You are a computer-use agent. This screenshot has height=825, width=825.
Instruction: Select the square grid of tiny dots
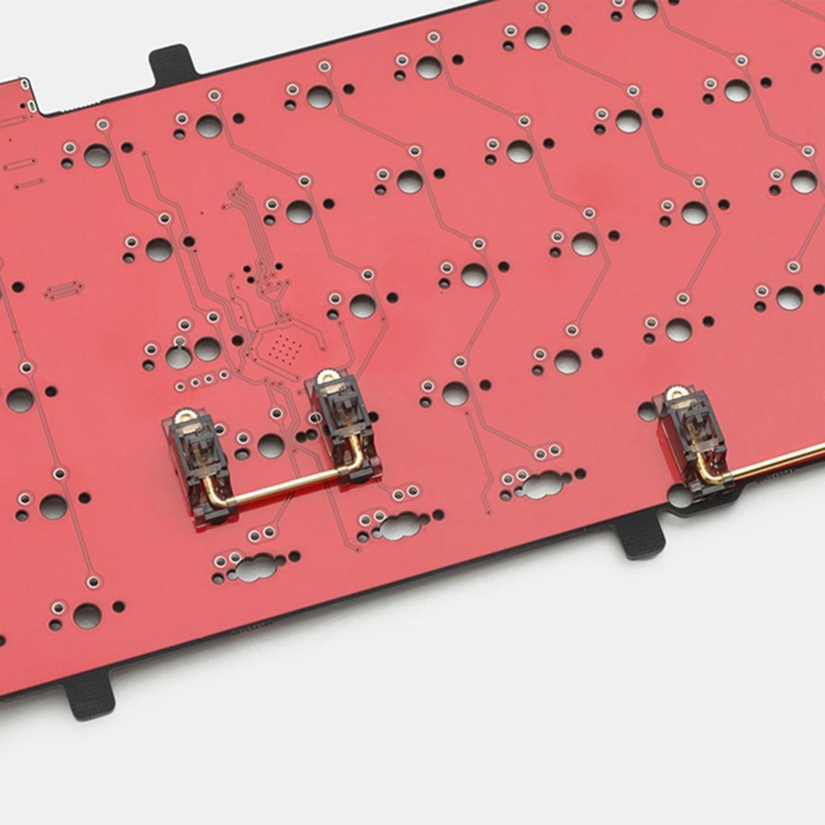[286, 345]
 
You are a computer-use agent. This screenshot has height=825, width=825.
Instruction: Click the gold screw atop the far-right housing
[677, 393]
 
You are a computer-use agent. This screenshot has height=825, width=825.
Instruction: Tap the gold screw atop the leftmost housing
[186, 416]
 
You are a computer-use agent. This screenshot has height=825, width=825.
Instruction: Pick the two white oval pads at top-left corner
[28, 95]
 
